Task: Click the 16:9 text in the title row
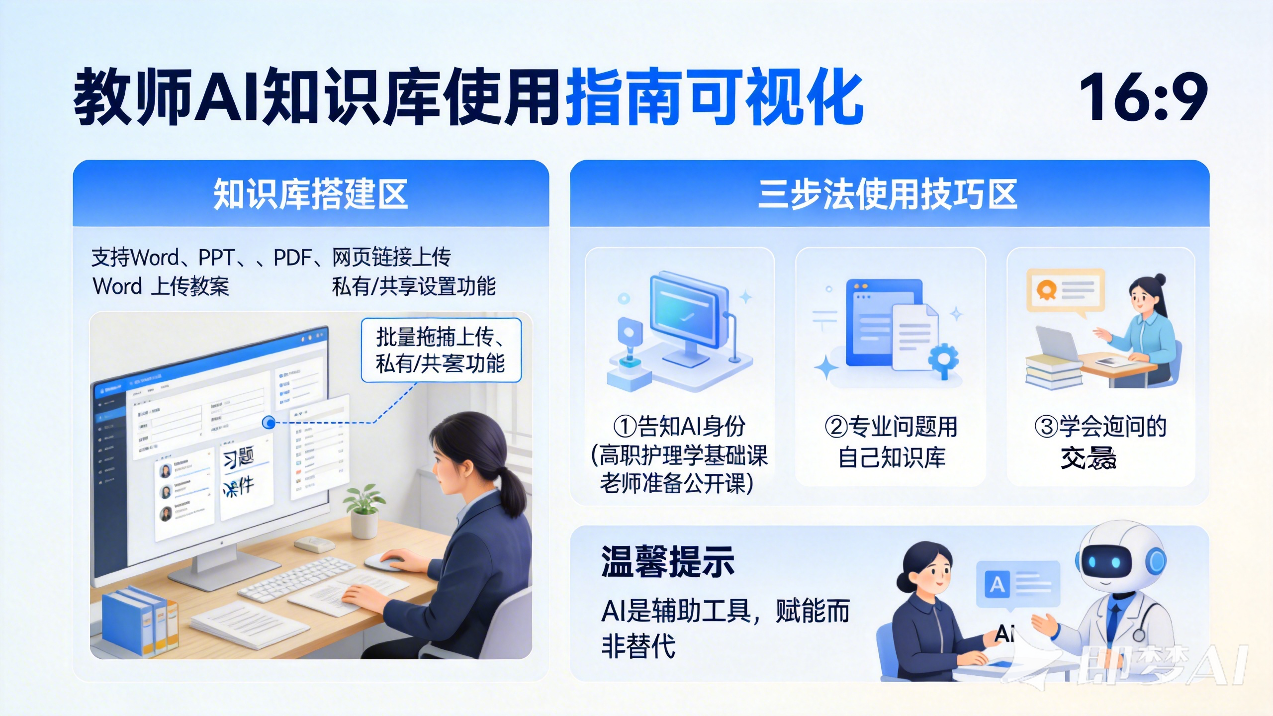pos(1143,97)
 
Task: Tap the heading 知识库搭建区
pos(311,194)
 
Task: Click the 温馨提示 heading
pos(668,562)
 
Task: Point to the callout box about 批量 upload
pos(441,350)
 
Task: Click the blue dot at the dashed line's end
pos(269,423)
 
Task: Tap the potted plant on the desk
pos(364,512)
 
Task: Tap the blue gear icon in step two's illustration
pos(943,360)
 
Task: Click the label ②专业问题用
pos(891,426)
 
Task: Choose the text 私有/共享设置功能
pos(414,286)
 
